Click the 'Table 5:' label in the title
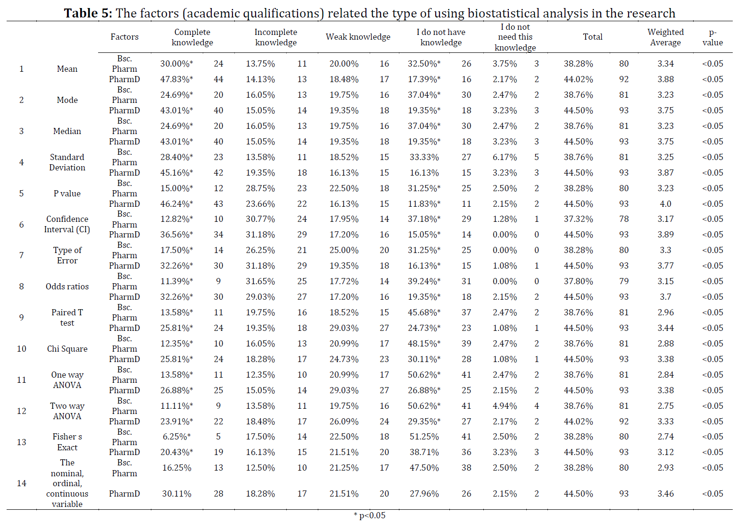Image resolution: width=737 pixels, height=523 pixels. pos(88,13)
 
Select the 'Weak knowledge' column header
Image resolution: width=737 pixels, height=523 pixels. pos(358,37)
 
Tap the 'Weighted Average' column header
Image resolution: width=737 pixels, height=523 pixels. pos(665,37)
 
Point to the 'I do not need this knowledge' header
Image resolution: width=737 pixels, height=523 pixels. pos(515,37)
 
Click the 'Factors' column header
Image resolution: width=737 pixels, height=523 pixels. pos(124,37)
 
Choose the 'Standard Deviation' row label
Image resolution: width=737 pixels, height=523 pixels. pos(67,162)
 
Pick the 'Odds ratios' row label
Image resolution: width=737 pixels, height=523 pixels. pos(67,287)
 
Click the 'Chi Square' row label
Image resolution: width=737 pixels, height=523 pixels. pos(67,349)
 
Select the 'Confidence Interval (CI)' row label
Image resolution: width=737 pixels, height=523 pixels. pos(67,224)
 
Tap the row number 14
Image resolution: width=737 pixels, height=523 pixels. pos(21,483)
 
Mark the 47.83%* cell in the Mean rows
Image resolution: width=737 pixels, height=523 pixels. pos(177,79)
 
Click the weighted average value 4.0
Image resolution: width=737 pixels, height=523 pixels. pos(665,204)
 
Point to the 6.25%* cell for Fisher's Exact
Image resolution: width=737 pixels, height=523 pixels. pos(177,437)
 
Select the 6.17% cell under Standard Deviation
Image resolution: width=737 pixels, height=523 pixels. pos(505,157)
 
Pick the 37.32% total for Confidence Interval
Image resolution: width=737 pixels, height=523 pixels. pos(579,219)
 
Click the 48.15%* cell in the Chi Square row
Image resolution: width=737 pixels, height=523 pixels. pos(424,344)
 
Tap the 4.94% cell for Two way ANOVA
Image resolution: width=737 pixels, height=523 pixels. pos(505,406)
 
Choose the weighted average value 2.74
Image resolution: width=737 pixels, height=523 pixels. pos(665,437)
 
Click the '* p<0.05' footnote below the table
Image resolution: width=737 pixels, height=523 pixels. pos(369,515)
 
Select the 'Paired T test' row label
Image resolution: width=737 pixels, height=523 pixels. pos(67,318)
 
